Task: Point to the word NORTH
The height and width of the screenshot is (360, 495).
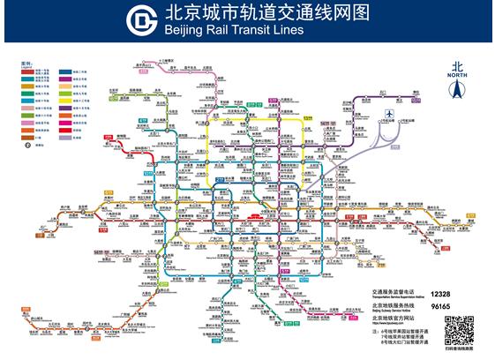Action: pyautogui.click(x=456, y=76)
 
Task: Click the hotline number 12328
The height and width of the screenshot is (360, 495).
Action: pyautogui.click(x=439, y=293)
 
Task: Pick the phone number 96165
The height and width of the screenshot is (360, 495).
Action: pyautogui.click(x=439, y=306)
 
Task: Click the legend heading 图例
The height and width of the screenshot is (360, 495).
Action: pyautogui.click(x=26, y=64)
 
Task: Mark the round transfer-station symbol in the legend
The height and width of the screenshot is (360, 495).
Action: pyautogui.click(x=28, y=146)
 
